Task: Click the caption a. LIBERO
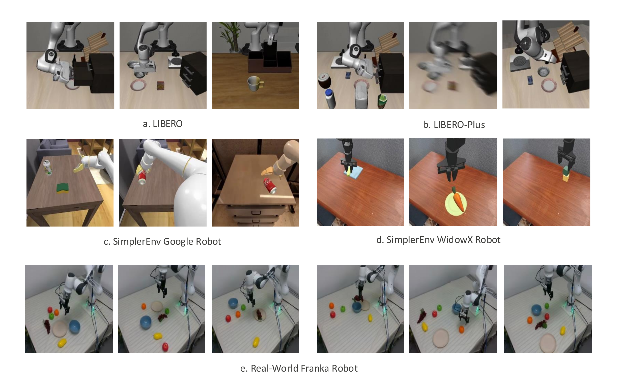click(x=163, y=124)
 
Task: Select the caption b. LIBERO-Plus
click(x=454, y=125)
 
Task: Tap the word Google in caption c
click(x=178, y=242)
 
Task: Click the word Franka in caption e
click(x=315, y=368)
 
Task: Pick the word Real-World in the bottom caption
click(x=274, y=368)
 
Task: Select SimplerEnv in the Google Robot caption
click(x=137, y=242)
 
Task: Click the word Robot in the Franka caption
click(x=345, y=368)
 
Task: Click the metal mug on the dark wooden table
click(x=255, y=83)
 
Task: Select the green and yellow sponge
click(x=63, y=187)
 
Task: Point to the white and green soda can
click(x=48, y=167)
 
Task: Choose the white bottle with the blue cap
click(x=330, y=99)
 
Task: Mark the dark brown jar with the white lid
click(x=324, y=81)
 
